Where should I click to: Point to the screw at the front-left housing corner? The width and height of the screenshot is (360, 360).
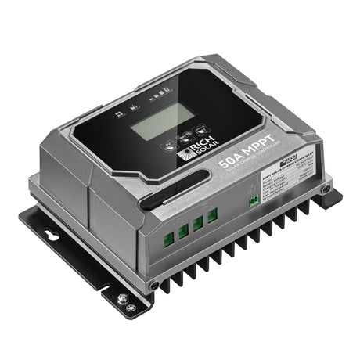(x=153, y=285)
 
